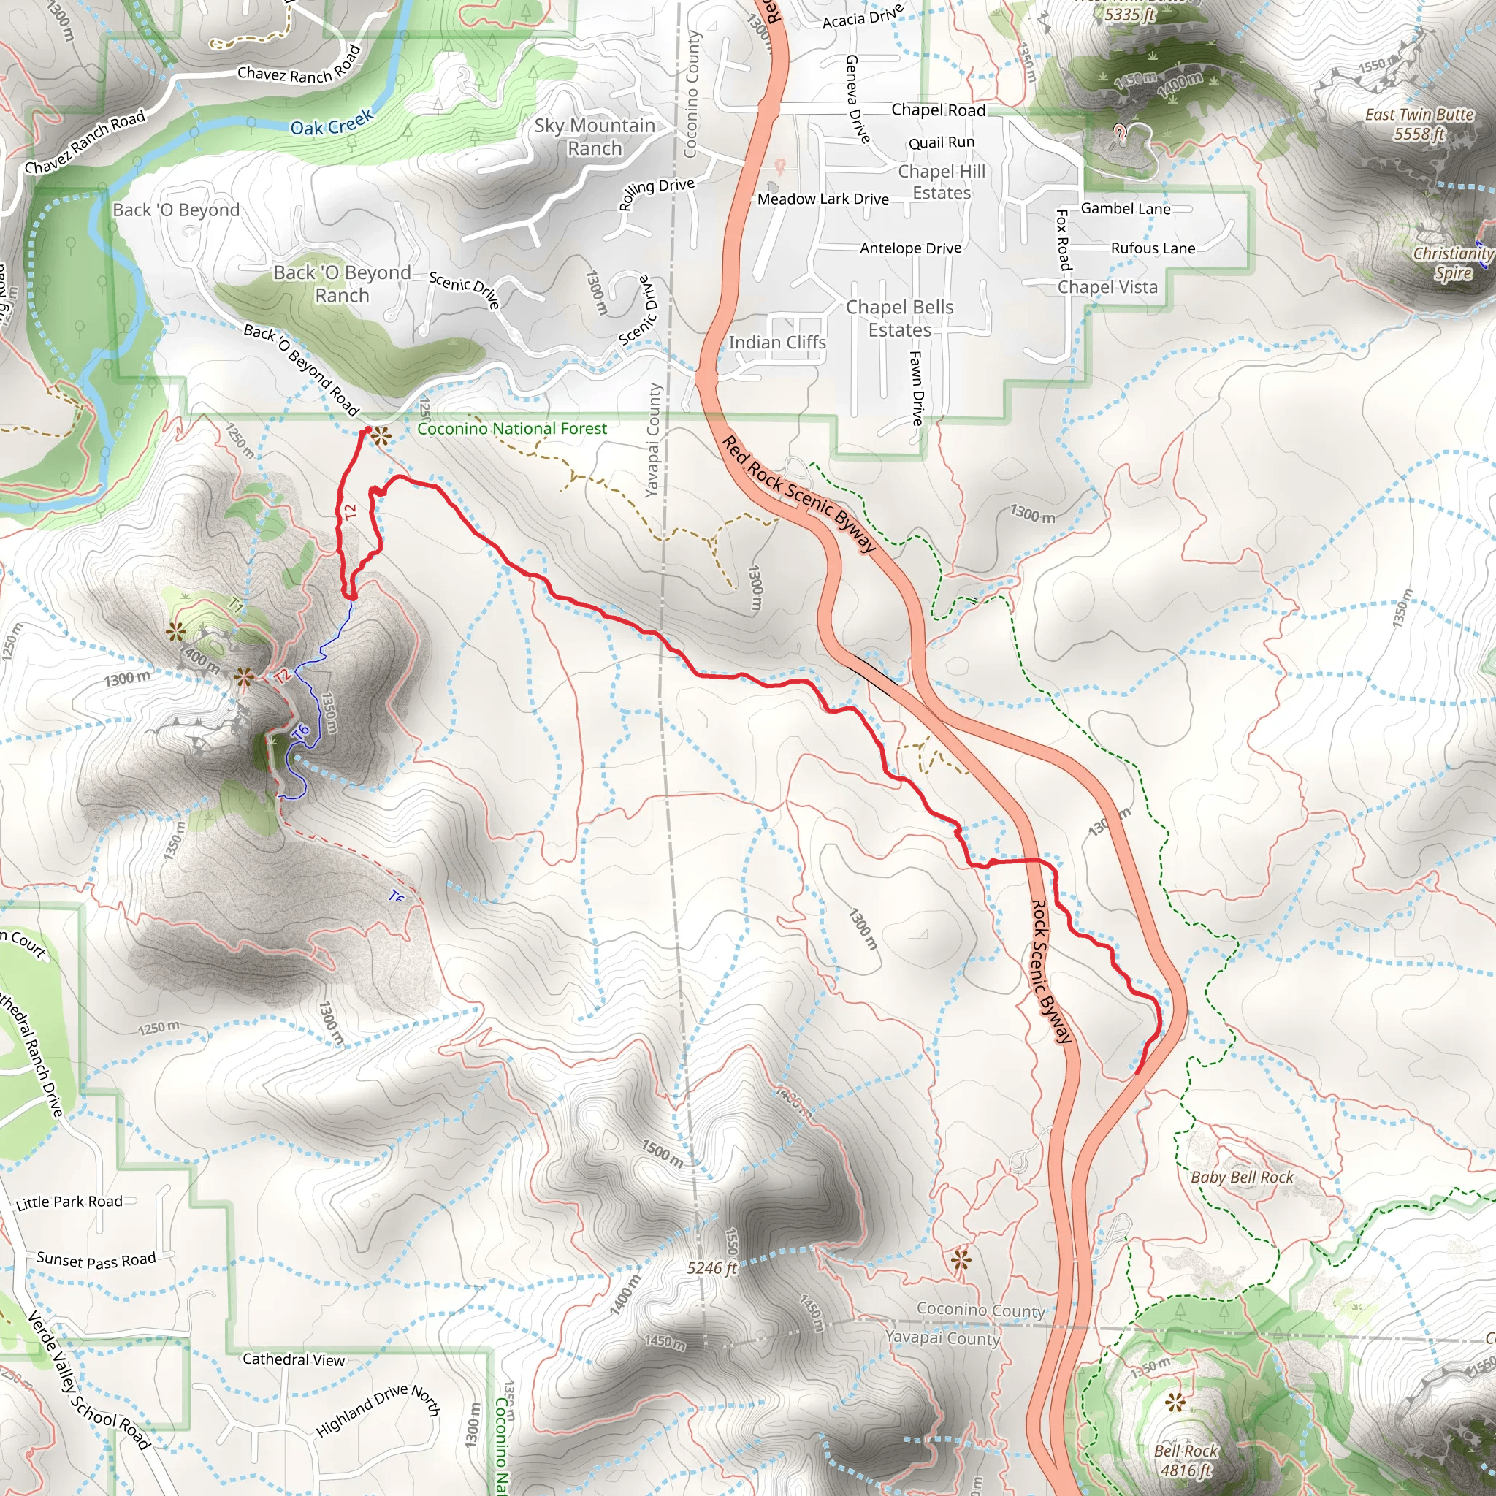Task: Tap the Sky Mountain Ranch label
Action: coord(595,137)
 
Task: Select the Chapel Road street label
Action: coord(939,110)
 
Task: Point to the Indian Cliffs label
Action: coord(776,343)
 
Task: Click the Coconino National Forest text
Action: coord(512,428)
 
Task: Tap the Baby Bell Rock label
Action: coord(1242,1177)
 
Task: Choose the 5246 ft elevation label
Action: coord(711,1267)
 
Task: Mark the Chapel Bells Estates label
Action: coord(899,318)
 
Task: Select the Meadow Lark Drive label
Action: coord(823,199)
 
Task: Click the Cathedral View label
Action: coord(294,1359)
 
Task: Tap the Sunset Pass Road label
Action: coord(96,1260)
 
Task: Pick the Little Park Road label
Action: coord(69,1202)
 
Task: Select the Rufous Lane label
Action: coord(1153,248)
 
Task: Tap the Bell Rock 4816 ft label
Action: coord(1186,1459)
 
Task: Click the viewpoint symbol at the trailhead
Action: coord(380,436)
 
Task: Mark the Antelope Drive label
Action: coord(911,248)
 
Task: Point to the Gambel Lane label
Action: coord(1125,208)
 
